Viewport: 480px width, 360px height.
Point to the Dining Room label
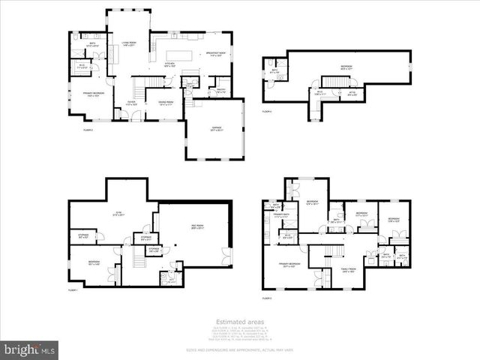pos(166,103)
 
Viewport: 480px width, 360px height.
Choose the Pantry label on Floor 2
pos(221,91)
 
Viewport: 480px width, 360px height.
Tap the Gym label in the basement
pos(117,214)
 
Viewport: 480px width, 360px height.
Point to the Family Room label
pos(348,271)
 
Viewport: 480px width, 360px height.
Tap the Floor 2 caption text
pos(88,130)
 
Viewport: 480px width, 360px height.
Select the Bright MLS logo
pos(30,349)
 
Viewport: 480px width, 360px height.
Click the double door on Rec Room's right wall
pos(227,256)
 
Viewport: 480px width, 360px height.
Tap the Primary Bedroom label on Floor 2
pos(93,94)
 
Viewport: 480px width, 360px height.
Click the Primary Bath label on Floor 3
pos(282,216)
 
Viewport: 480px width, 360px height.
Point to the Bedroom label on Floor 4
pos(346,67)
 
